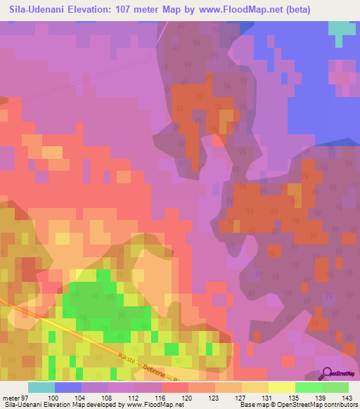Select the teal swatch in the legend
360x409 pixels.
(41, 387)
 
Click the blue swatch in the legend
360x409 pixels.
(68, 387)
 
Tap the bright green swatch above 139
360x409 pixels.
(308, 387)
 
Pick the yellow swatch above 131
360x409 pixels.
(255, 387)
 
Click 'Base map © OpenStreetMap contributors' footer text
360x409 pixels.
(299, 405)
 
